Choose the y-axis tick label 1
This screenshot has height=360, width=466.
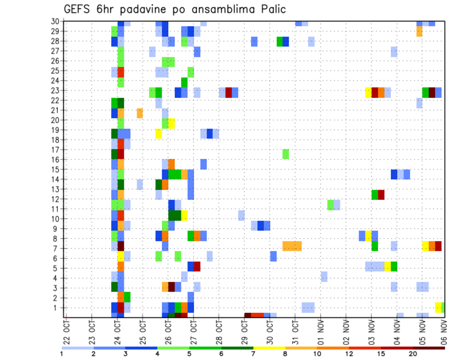point(57,308)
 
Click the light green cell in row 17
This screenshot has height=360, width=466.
point(286,154)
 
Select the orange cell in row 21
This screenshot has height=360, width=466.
point(140,113)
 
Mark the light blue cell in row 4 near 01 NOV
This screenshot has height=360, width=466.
point(324,277)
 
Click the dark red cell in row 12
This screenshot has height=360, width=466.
point(381,195)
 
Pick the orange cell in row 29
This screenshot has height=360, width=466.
point(419,32)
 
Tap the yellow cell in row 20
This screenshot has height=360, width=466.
point(171,123)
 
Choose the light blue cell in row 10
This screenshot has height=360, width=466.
point(241,215)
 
